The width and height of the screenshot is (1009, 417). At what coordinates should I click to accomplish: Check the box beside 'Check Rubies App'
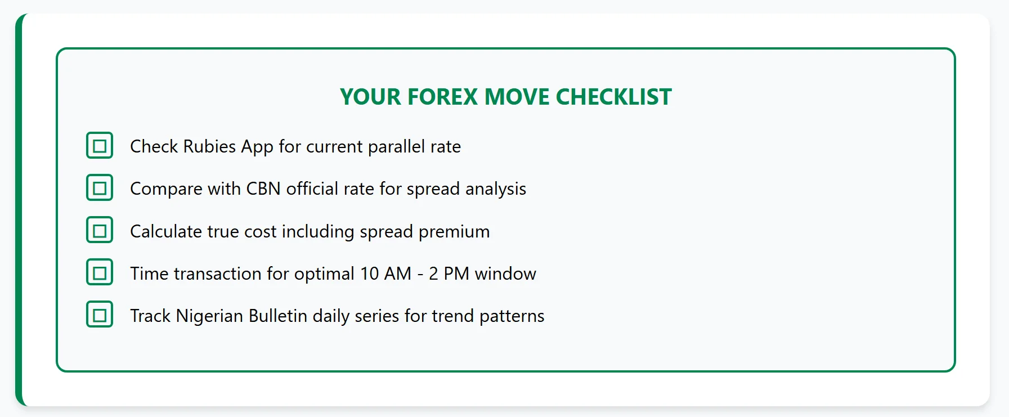coord(100,146)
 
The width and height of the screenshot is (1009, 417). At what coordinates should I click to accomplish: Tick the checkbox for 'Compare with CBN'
coord(100,188)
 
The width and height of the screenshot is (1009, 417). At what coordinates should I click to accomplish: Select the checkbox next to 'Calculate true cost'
coord(100,230)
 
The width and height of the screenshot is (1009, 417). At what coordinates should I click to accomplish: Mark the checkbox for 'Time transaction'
coord(100,273)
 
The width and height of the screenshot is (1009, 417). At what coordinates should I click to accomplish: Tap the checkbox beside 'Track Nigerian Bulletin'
coord(100,315)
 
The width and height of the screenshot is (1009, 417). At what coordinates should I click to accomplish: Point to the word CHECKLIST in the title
coord(614,97)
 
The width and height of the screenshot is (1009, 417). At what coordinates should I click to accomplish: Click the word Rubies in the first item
coord(209,146)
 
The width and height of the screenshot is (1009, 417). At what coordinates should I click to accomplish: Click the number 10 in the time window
coord(370,273)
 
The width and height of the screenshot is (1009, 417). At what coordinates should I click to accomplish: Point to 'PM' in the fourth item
coord(456,273)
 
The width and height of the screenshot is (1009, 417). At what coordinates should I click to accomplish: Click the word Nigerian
coord(209,316)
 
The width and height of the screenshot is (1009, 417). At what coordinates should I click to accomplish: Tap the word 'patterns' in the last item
coord(512,316)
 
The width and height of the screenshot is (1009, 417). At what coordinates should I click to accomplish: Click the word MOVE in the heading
coord(517,97)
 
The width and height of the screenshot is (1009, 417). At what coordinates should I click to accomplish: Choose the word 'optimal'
coord(325,274)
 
